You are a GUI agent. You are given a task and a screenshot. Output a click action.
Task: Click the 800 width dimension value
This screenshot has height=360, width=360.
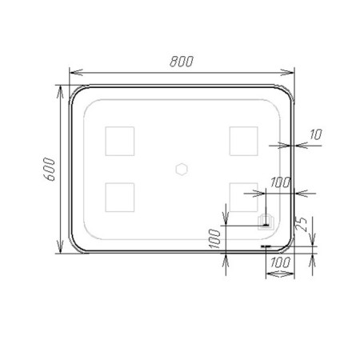pyautogui.click(x=182, y=62)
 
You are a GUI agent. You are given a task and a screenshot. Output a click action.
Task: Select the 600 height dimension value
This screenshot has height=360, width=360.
pyautogui.click(x=50, y=169)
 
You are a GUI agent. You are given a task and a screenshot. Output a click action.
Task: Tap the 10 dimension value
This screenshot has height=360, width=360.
pyautogui.click(x=316, y=134)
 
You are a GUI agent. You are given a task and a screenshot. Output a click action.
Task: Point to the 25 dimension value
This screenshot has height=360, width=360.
pyautogui.click(x=301, y=224)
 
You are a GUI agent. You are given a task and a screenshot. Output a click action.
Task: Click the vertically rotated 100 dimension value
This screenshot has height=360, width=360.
pyautogui.click(x=215, y=238)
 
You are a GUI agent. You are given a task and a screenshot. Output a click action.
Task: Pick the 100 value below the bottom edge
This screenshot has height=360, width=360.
pyautogui.click(x=280, y=262)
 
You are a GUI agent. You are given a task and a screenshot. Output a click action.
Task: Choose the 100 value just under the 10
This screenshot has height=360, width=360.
pyautogui.click(x=280, y=182)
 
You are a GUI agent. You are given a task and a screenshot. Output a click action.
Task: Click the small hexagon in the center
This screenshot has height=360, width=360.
pyautogui.click(x=182, y=169)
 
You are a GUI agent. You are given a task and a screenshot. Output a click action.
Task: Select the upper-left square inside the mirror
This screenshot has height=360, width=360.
pyautogui.click(x=120, y=141)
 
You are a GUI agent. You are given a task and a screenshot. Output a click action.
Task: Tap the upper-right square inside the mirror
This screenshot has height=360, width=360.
pyautogui.click(x=244, y=141)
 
